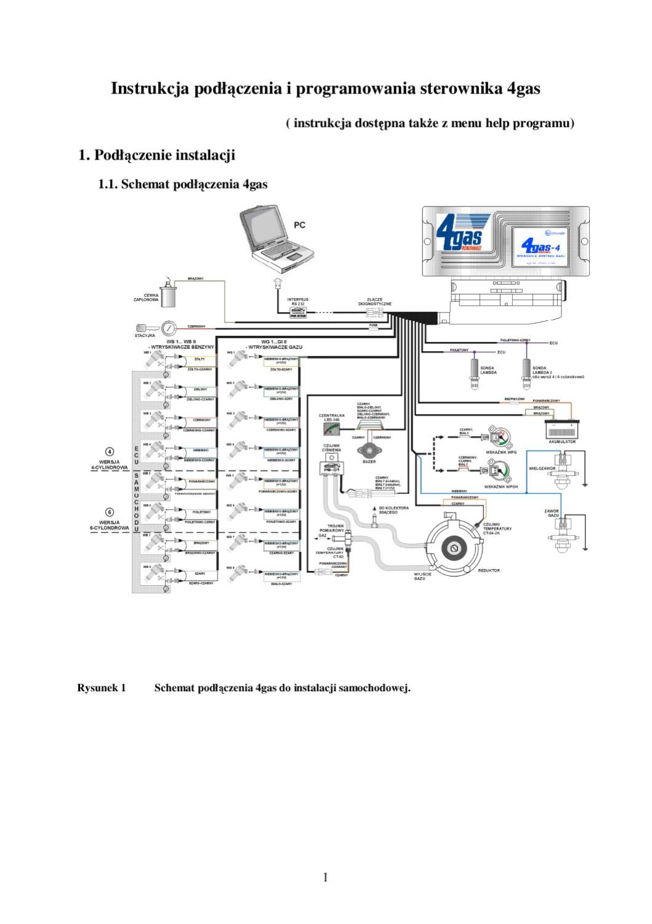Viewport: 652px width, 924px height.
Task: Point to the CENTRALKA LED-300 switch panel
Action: pyautogui.click(x=332, y=431)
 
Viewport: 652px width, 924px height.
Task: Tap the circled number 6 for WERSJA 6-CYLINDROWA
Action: pyautogui.click(x=110, y=512)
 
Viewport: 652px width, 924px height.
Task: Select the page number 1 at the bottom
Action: pyautogui.click(x=326, y=877)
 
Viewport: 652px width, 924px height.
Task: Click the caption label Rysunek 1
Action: pyautogui.click(x=102, y=687)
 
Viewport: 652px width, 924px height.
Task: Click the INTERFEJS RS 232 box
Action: pyautogui.click(x=299, y=314)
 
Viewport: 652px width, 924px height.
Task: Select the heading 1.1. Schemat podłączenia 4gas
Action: pyautogui.click(x=183, y=184)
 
